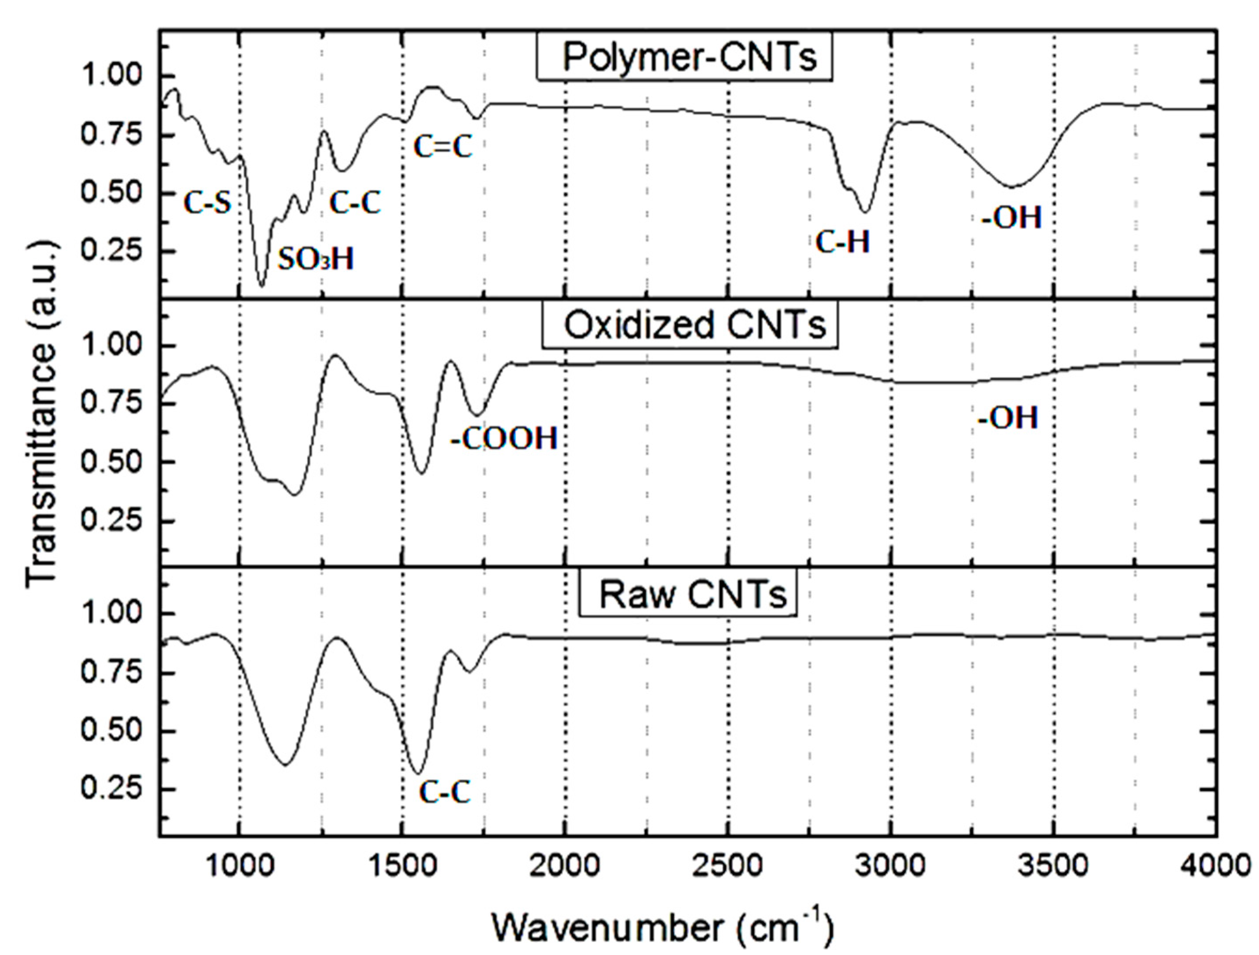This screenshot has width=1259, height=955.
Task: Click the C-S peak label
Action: [208, 203]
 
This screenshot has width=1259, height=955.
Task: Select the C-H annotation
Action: [843, 242]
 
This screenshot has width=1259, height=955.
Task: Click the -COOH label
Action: [504, 439]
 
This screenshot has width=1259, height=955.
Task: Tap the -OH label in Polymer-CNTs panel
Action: [1011, 217]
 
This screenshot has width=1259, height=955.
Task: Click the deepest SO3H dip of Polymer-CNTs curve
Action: [261, 285]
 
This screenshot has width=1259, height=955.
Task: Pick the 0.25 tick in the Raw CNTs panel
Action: [110, 790]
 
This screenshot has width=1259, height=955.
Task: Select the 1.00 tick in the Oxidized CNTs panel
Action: [110, 346]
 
